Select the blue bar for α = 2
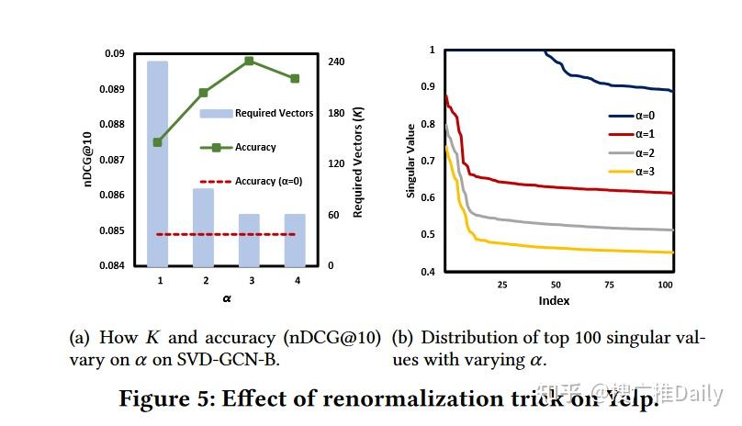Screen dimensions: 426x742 203,227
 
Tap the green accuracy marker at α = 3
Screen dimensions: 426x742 249,61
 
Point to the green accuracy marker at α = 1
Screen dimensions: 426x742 157,142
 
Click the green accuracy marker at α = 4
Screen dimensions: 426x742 294,79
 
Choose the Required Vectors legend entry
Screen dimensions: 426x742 257,114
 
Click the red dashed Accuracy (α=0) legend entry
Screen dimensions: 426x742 257,182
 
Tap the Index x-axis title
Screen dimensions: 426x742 554,301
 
